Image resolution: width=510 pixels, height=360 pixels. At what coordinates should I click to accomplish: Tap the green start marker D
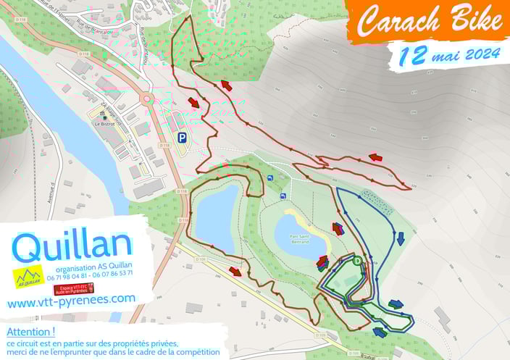coord(357,261)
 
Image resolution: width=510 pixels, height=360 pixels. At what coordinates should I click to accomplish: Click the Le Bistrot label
coord(104,124)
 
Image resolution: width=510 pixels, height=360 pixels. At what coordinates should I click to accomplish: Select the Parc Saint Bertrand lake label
coord(300,238)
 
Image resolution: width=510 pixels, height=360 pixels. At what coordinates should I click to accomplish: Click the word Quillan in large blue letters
coord(72,247)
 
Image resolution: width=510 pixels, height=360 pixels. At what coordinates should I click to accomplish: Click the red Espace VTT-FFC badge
coord(74,288)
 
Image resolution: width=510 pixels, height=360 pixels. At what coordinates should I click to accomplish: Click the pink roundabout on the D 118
coord(147,99)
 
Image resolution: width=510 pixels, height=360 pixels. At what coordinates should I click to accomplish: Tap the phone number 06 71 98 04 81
coord(67,274)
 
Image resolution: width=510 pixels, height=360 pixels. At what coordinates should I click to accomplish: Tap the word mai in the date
coord(445,55)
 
